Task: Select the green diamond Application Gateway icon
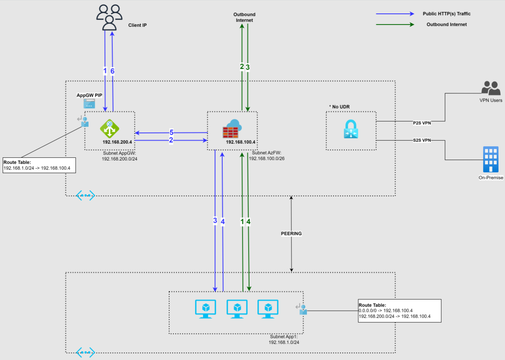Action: tap(109, 129)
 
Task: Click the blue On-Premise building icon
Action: tap(490, 159)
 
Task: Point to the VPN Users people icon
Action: tap(491, 88)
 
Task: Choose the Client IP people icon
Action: tap(109, 17)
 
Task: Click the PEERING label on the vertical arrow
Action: tap(291, 233)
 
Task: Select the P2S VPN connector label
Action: tap(422, 123)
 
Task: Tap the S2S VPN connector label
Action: tap(422, 140)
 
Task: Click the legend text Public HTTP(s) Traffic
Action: tap(446, 14)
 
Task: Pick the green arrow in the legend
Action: tap(395, 25)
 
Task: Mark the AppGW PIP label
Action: tap(89, 96)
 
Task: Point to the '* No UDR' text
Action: tap(339, 107)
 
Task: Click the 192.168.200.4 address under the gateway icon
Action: tap(117, 142)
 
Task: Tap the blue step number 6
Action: tap(113, 71)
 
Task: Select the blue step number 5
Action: tap(171, 133)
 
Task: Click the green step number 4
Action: tap(248, 221)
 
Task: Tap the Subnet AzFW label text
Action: tap(267, 153)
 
